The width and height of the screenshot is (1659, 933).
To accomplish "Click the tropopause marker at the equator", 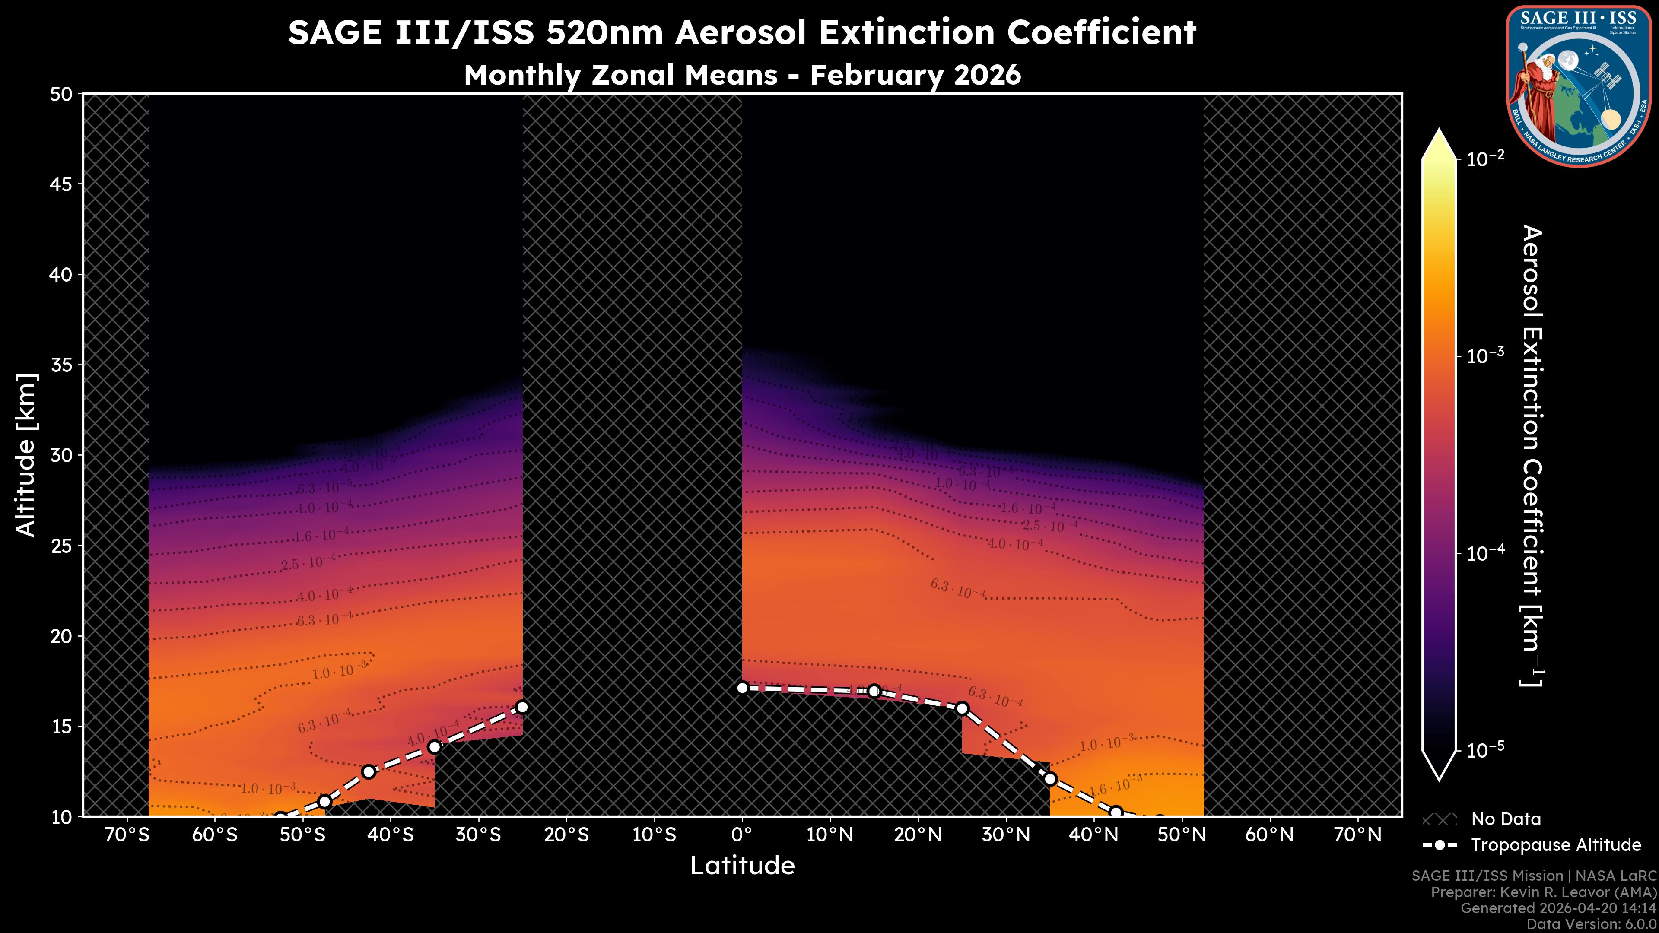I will tap(742, 688).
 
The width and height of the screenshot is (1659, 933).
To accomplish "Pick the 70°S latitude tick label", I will tap(127, 835).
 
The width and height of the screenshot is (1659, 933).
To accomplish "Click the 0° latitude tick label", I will tap(742, 835).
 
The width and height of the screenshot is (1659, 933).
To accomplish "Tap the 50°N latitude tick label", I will tap(1182, 835).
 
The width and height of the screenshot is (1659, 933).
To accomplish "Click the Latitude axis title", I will tap(742, 865).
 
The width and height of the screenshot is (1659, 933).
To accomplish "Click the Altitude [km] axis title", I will tap(26, 454).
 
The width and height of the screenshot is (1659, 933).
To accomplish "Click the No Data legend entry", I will tap(1506, 819).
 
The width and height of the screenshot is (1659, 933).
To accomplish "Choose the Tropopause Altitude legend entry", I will tap(1555, 845).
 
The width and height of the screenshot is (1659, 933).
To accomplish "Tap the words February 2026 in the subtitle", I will tap(915, 75).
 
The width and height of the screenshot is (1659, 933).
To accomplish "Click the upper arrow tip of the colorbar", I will tap(1439, 131).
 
